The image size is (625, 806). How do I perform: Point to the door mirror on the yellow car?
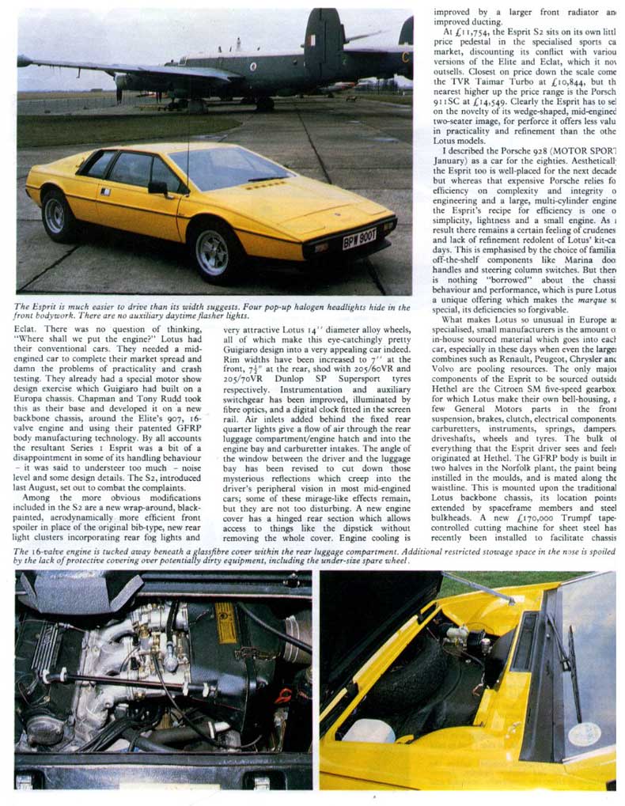158,188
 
